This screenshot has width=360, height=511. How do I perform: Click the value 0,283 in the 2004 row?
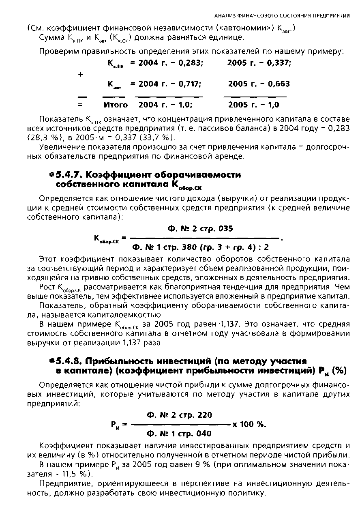(190, 63)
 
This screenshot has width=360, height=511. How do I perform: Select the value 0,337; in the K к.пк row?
(279, 63)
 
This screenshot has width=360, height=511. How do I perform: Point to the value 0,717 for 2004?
(189, 84)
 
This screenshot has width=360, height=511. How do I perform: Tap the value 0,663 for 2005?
(278, 84)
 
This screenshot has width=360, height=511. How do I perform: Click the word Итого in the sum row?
(116, 105)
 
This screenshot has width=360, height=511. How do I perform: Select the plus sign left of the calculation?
(80, 74)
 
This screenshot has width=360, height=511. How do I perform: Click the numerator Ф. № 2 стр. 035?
(200, 229)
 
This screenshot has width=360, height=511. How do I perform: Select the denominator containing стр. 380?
(201, 247)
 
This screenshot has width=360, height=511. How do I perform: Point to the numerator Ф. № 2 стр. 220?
(179, 415)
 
